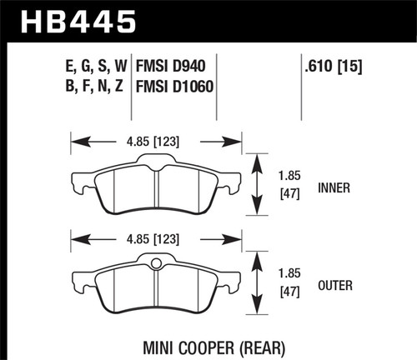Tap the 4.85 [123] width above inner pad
coord(157,138)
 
